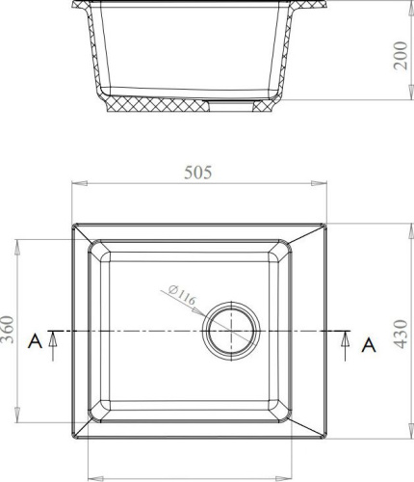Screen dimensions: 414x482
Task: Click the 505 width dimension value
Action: [198, 173]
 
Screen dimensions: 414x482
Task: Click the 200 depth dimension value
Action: [401, 56]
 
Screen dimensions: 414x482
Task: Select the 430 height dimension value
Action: [401, 334]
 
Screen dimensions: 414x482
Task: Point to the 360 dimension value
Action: [7, 330]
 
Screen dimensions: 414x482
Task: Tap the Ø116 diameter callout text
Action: [182, 295]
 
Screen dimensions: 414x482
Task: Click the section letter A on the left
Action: [35, 341]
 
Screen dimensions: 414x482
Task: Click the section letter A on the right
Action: [369, 345]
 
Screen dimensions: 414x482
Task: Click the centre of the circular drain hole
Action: [231, 331]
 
